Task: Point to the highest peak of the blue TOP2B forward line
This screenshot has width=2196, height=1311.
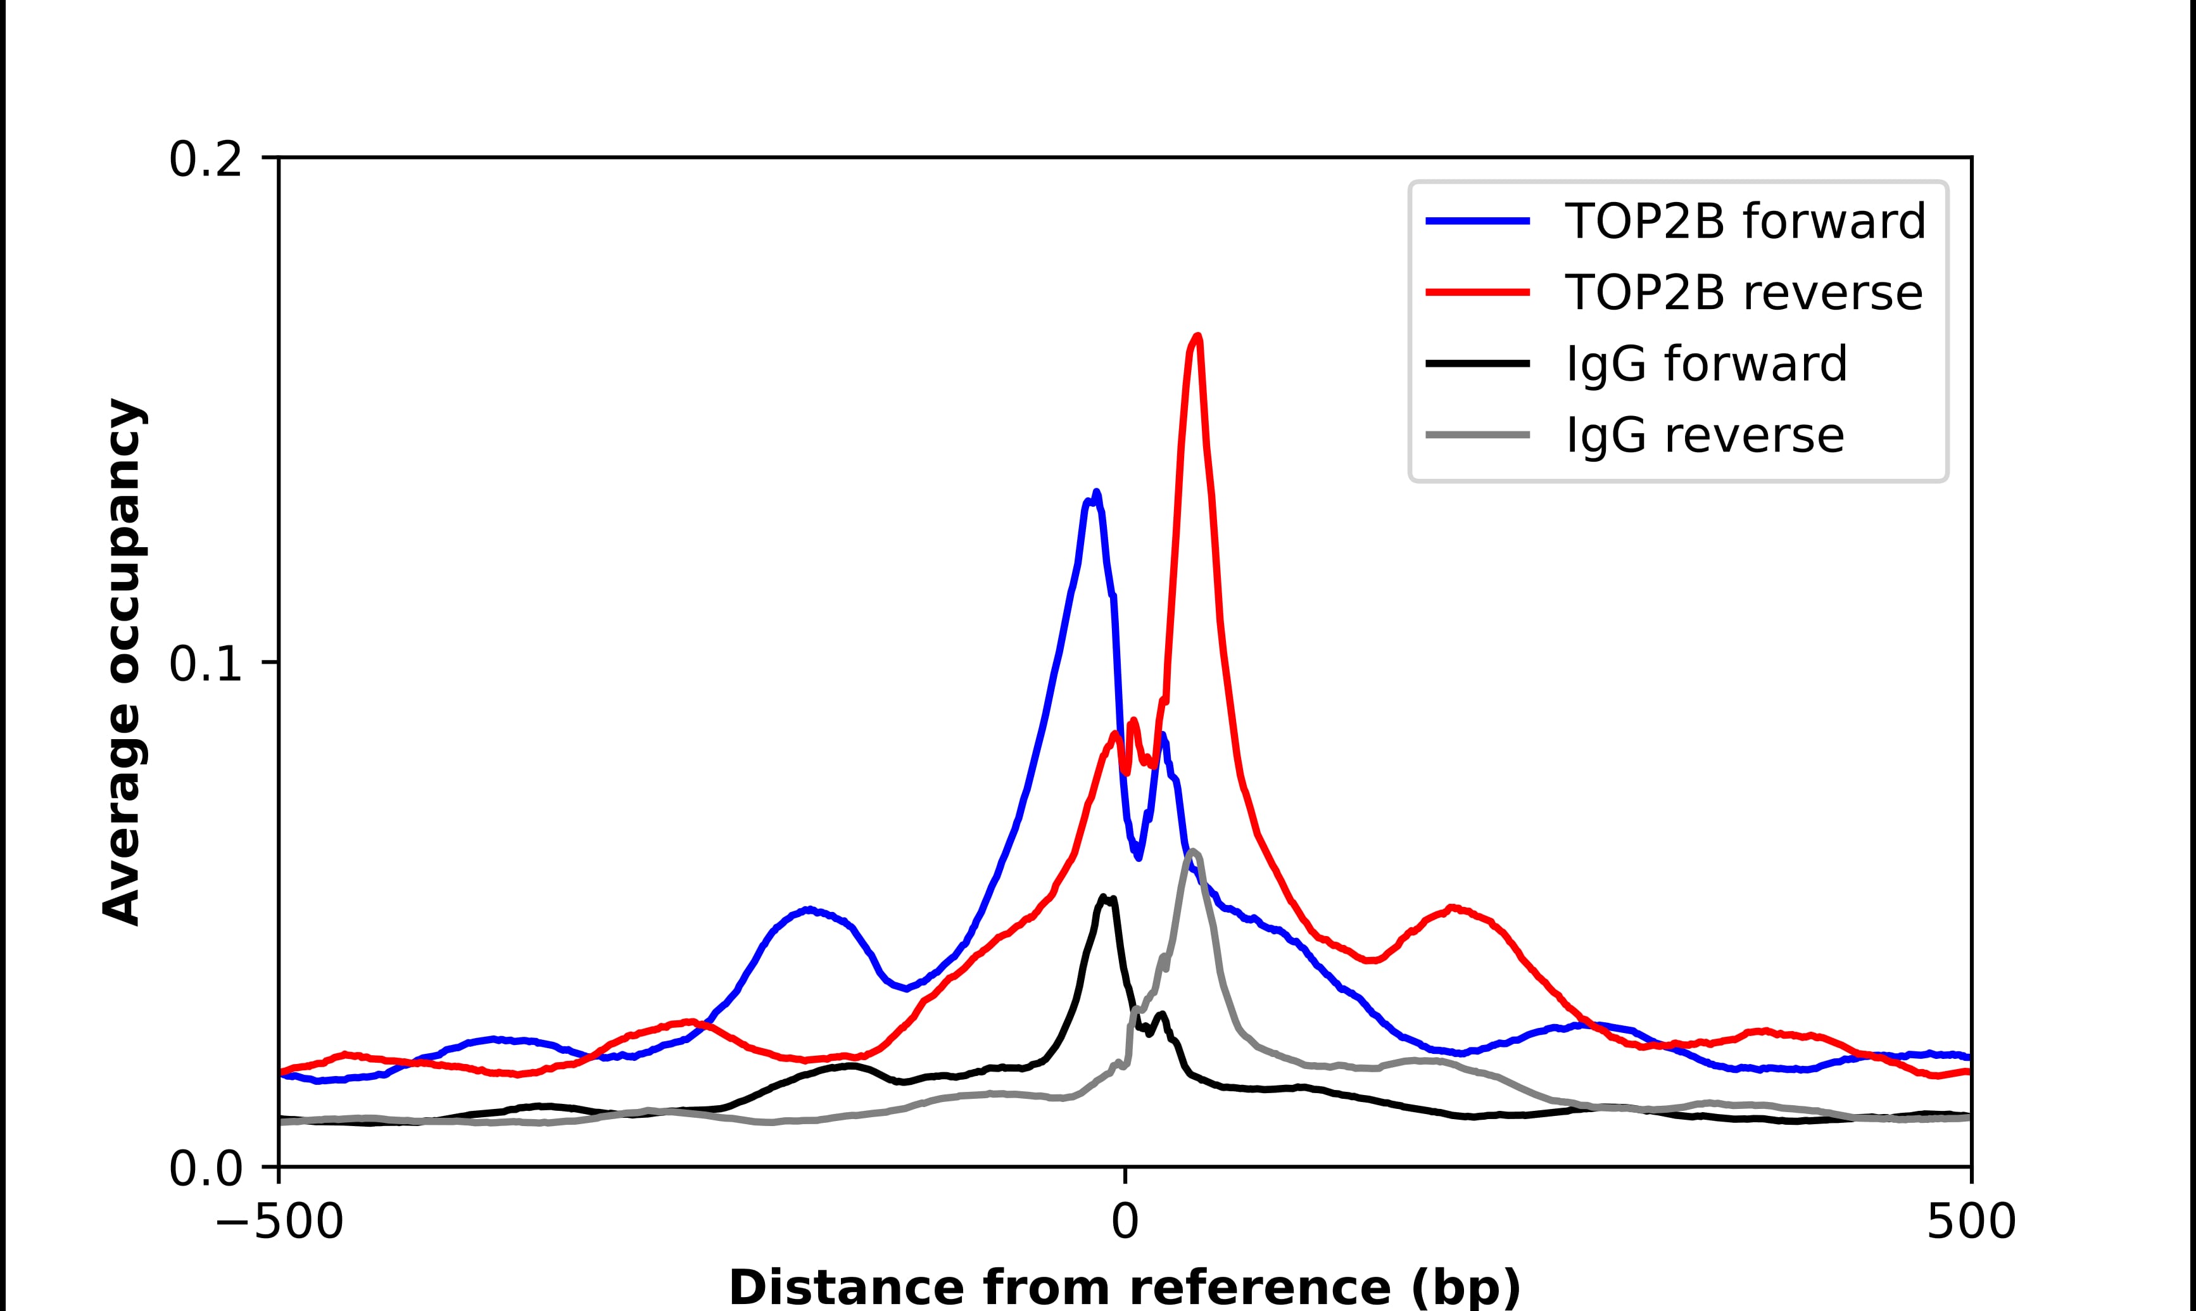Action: pos(1096,493)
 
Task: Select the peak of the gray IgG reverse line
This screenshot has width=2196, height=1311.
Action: pos(1193,852)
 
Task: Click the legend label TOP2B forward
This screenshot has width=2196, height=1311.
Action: pos(1745,221)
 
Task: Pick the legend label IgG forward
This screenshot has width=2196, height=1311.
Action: pos(1706,364)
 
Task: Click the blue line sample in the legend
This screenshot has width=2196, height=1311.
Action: pos(1477,221)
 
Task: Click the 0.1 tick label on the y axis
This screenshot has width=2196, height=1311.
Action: pos(205,664)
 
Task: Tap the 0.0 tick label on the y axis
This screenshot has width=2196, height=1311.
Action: pos(205,1170)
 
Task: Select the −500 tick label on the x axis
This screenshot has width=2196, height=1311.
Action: pos(279,1224)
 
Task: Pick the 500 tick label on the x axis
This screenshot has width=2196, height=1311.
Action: pos(1970,1224)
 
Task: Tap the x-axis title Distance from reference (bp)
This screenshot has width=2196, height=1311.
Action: pos(1124,1286)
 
